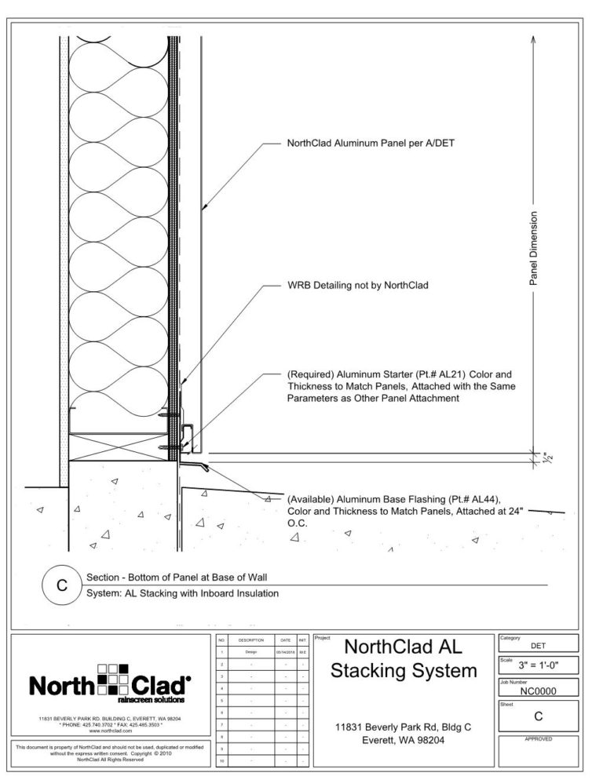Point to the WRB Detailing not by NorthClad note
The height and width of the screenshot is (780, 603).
point(358,286)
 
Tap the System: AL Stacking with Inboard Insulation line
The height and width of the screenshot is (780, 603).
point(182,593)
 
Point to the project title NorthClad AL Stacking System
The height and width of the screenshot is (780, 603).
point(404,659)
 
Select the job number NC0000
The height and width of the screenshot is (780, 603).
point(538,691)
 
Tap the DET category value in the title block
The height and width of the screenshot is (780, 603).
point(538,646)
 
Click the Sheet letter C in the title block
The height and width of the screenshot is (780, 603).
point(538,716)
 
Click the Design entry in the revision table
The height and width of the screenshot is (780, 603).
point(250,652)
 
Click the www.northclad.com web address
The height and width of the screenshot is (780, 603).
point(110,731)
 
